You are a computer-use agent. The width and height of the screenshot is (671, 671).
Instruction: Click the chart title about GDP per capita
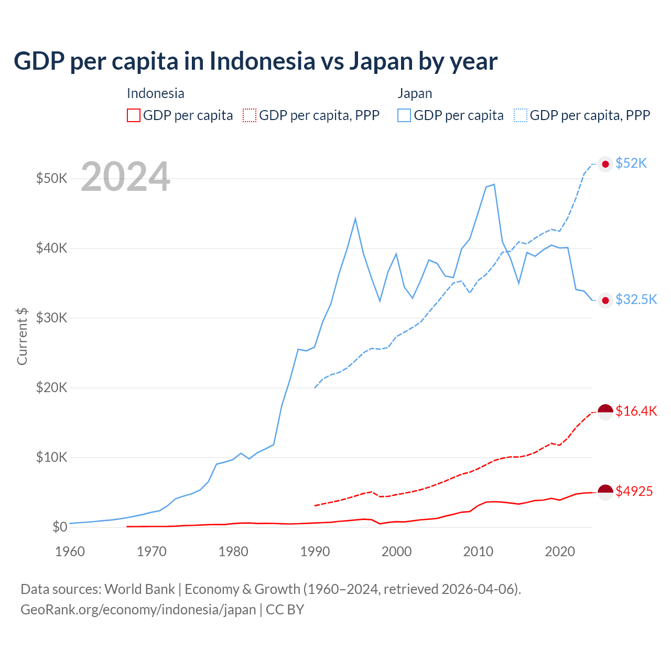pyautogui.click(x=255, y=61)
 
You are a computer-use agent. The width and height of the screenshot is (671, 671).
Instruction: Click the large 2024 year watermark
pyautogui.click(x=125, y=177)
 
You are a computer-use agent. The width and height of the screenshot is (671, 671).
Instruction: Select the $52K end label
pyautogui.click(x=631, y=164)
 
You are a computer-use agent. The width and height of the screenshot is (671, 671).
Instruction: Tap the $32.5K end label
pyautogui.click(x=636, y=299)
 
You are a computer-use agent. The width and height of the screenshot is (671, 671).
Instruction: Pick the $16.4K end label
pyautogui.click(x=636, y=411)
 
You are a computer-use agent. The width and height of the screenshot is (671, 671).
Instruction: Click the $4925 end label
pyautogui.click(x=634, y=491)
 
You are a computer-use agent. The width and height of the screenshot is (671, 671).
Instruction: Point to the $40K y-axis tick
pyautogui.click(x=51, y=248)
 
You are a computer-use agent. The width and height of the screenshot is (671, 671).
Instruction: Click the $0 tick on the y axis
pyautogui.click(x=60, y=527)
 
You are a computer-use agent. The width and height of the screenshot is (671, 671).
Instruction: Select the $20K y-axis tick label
pyautogui.click(x=51, y=387)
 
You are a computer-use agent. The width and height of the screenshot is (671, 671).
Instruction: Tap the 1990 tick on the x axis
pyautogui.click(x=315, y=551)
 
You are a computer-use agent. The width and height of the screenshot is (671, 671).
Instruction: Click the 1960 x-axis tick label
pyautogui.click(x=70, y=551)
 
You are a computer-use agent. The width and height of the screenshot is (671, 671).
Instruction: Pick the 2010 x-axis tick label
pyautogui.click(x=478, y=551)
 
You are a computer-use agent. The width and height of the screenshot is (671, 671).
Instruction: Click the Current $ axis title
pyautogui.click(x=22, y=336)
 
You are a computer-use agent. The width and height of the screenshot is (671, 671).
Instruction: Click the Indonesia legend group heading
pyautogui.click(x=155, y=93)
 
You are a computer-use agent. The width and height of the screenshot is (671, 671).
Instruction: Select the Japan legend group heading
pyautogui.click(x=415, y=93)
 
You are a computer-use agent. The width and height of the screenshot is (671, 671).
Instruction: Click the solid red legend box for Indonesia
pyautogui.click(x=134, y=115)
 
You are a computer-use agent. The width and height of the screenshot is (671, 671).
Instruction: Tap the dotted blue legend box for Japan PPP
pyautogui.click(x=521, y=115)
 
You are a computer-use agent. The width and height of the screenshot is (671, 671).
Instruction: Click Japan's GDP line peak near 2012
pyautogui.click(x=494, y=185)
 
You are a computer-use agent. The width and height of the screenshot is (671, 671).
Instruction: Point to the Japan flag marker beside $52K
pyautogui.click(x=605, y=164)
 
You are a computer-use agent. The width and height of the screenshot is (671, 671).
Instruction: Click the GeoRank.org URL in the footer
pyautogui.click(x=138, y=610)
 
